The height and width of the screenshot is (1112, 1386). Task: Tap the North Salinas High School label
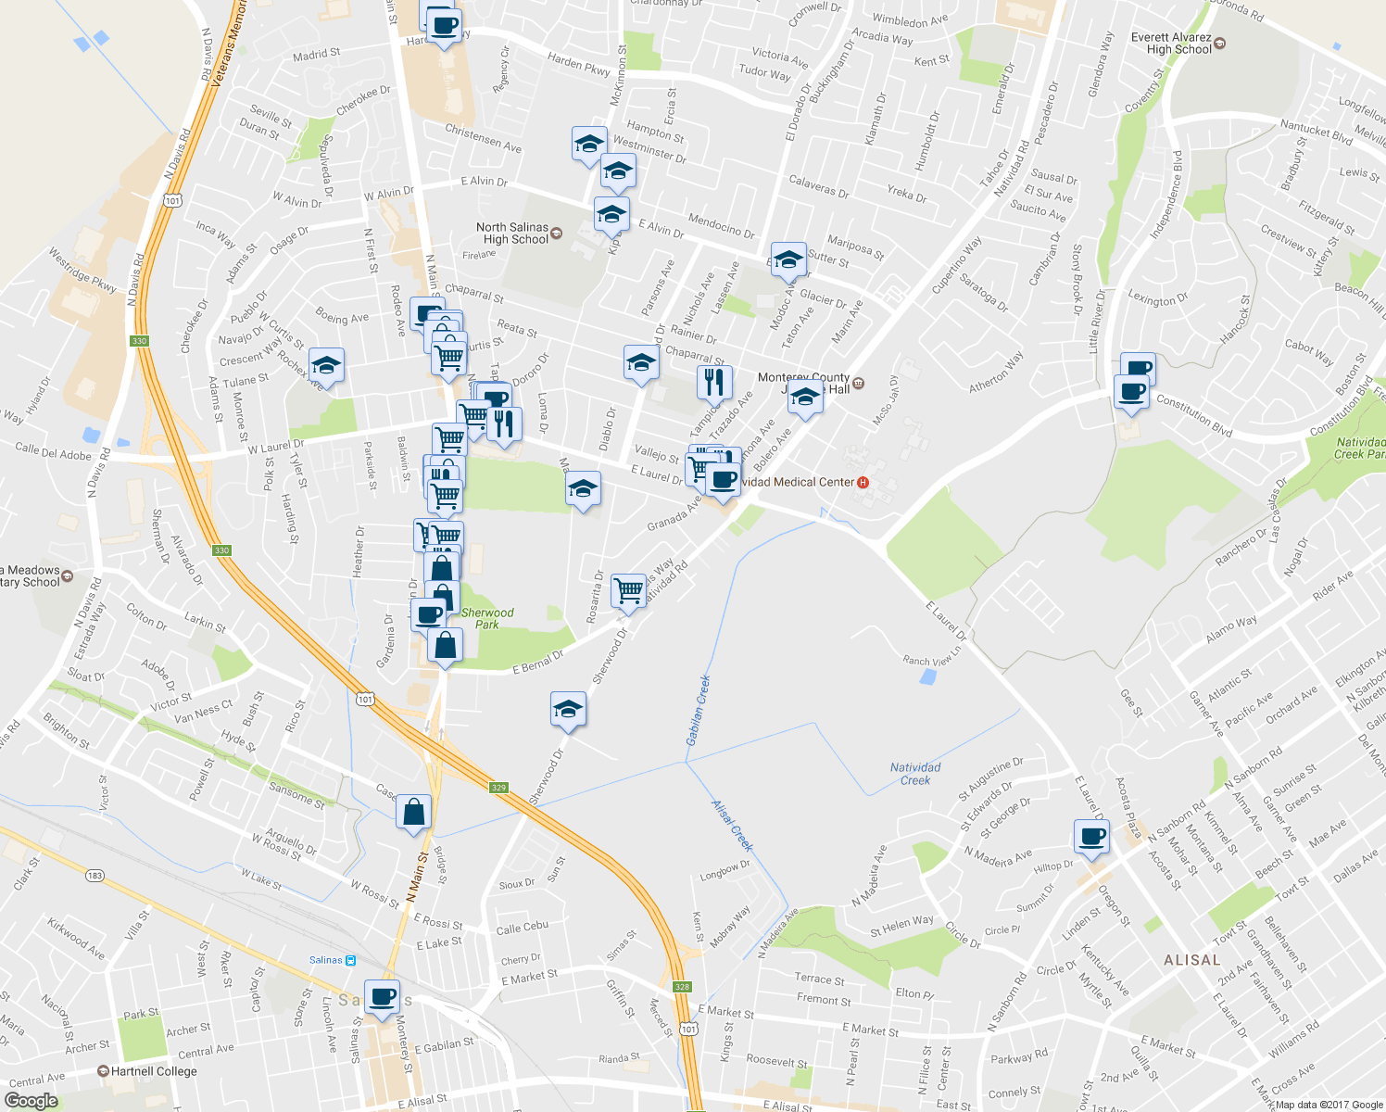[x=512, y=233]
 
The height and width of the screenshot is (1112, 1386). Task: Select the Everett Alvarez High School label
[x=1171, y=44]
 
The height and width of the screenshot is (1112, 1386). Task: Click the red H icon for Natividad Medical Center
[x=863, y=482]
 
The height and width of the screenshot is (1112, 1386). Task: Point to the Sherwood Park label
[x=487, y=618]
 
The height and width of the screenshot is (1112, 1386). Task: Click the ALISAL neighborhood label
[x=1192, y=960]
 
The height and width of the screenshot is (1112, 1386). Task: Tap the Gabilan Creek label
[x=699, y=710]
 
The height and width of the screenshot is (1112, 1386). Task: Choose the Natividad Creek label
[x=915, y=774]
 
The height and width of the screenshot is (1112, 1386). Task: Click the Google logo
[x=31, y=1101]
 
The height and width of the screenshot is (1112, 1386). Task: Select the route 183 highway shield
[x=94, y=876]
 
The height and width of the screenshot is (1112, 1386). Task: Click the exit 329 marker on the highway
[x=499, y=788]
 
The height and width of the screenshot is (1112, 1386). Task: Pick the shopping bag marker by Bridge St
[x=414, y=812]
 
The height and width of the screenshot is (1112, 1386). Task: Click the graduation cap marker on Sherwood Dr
[x=568, y=710]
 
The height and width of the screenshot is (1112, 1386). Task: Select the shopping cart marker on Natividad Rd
[x=629, y=589]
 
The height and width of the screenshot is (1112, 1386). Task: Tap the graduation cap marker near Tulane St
[x=326, y=367]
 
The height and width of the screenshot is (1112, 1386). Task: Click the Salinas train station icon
[x=351, y=960]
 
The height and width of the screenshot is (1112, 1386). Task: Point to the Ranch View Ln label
[x=932, y=660]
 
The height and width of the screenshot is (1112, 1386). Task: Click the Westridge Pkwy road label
[x=82, y=270]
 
